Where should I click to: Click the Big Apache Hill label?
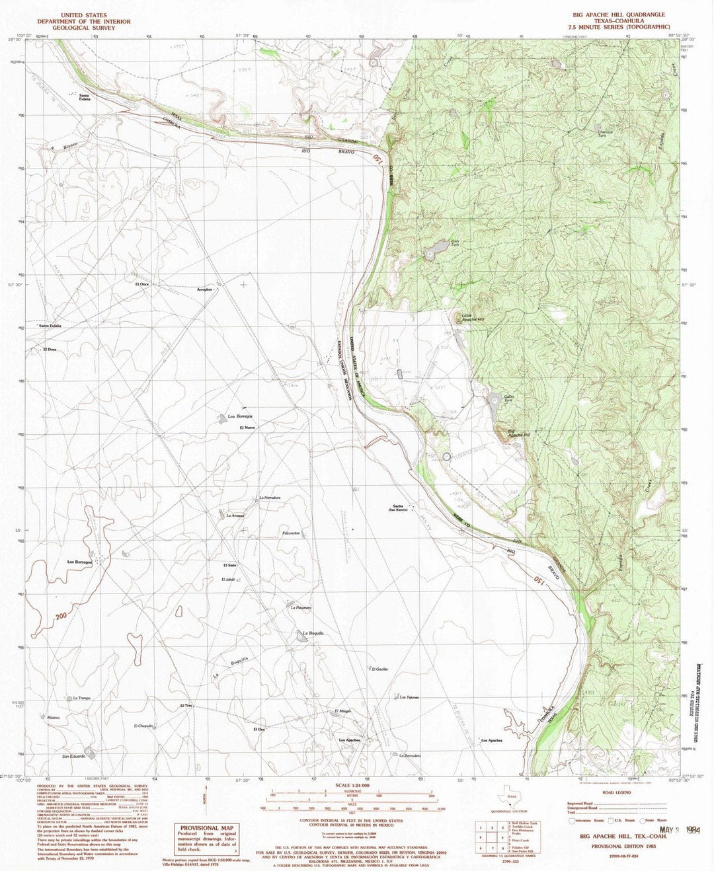point(520,434)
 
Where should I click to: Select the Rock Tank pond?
point(436,250)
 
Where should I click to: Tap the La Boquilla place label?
point(313,634)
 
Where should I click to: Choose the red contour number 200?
point(62,616)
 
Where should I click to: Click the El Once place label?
point(141,284)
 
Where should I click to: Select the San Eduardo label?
point(73,756)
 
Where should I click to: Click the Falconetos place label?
point(292,533)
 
